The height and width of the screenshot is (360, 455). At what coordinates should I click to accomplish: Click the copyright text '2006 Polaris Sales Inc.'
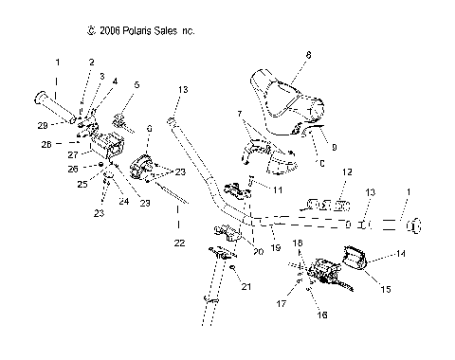pyautogui.click(x=139, y=31)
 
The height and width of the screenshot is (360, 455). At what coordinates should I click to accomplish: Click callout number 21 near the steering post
pyautogui.click(x=246, y=287)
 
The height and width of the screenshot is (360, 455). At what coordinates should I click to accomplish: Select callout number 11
pyautogui.click(x=279, y=190)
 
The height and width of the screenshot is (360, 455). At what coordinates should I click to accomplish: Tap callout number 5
pyautogui.click(x=138, y=84)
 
